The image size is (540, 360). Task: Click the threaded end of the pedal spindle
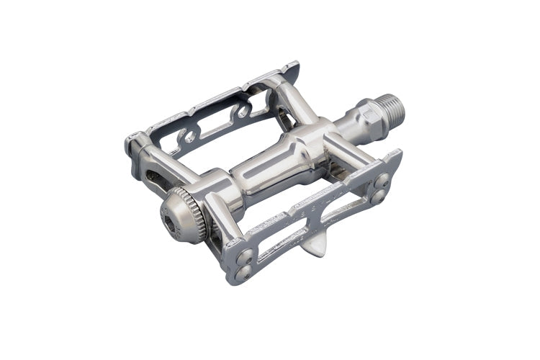click(x=392, y=109)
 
